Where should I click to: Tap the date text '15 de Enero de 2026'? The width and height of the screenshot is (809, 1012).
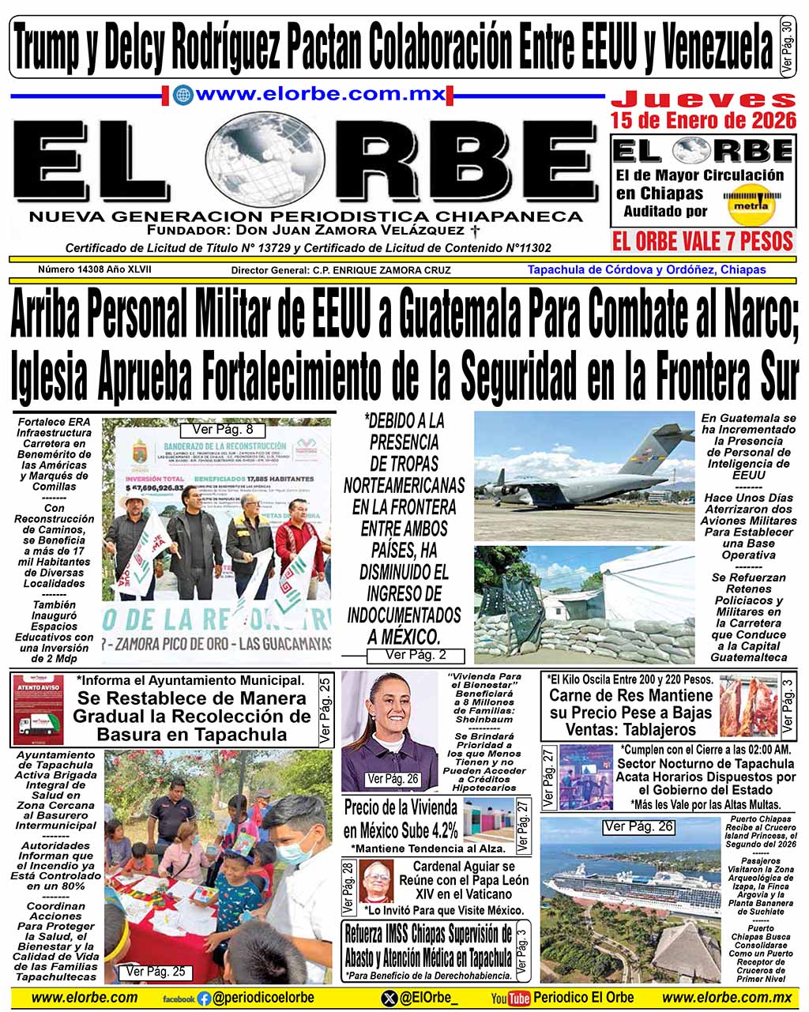[x=703, y=120]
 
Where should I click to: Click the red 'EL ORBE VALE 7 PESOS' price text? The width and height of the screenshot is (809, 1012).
[x=702, y=240]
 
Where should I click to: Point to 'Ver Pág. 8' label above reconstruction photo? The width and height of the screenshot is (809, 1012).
[x=217, y=430]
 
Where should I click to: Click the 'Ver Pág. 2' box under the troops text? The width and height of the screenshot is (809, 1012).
[x=416, y=655]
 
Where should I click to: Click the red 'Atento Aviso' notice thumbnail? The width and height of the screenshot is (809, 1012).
[x=38, y=708]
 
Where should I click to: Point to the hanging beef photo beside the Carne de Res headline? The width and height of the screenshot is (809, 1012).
[x=748, y=705]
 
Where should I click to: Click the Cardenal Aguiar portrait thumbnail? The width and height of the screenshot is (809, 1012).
[x=376, y=880]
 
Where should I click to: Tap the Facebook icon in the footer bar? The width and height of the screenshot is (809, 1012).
[x=205, y=999]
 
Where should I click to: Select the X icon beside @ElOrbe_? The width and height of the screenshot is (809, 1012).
[x=389, y=999]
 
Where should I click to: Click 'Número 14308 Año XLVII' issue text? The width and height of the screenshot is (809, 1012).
[x=95, y=269]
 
